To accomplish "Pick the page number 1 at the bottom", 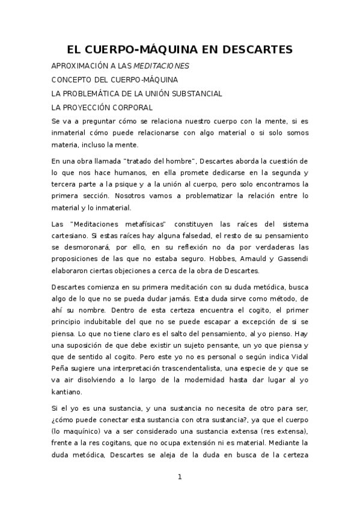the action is click(179, 477).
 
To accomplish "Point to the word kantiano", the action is click(67, 375).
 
